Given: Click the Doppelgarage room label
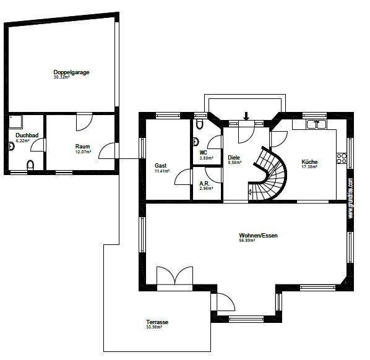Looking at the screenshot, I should (x=71, y=72).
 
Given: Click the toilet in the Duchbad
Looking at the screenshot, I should (x=30, y=165).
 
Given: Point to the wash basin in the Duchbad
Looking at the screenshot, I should (x=11, y=147).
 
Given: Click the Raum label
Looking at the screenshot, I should (x=82, y=147).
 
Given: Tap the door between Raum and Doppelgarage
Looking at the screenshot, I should (x=82, y=122).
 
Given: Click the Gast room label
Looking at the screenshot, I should (x=161, y=166).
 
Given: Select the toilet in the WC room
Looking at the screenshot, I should (x=198, y=124).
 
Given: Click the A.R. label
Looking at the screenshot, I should (x=205, y=183).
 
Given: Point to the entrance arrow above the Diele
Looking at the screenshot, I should (x=246, y=116).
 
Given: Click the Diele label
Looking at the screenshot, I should (x=233, y=157).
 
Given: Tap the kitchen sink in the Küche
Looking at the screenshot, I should (x=317, y=124).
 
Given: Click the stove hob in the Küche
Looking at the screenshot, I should (x=340, y=157).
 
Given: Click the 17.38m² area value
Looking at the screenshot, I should (x=309, y=167).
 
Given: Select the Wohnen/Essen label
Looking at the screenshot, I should (x=258, y=236).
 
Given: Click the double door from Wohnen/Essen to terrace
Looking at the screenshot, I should (x=174, y=276).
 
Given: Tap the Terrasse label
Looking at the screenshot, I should (x=157, y=322).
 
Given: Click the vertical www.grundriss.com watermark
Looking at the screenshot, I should (x=351, y=198).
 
